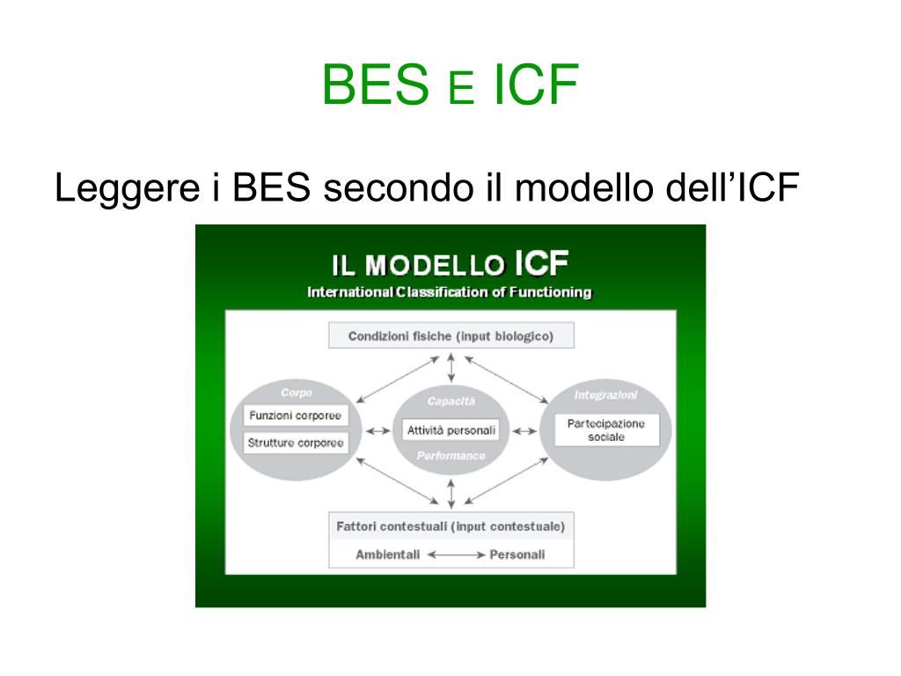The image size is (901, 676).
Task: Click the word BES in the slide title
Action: click(x=374, y=85)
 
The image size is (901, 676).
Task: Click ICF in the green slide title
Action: click(x=535, y=85)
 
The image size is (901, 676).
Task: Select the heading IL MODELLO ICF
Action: click(x=450, y=264)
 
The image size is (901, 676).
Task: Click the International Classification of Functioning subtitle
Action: click(x=450, y=292)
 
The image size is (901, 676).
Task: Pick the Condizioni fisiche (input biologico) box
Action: click(x=450, y=335)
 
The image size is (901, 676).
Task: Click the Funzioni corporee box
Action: click(x=296, y=415)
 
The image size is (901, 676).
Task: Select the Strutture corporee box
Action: click(x=296, y=443)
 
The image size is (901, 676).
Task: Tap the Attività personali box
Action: click(x=450, y=430)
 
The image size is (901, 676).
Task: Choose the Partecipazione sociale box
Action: click(x=605, y=430)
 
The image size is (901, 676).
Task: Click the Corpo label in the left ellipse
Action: click(x=297, y=393)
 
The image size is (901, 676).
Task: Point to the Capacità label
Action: click(x=450, y=401)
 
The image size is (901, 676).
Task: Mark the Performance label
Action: click(x=450, y=456)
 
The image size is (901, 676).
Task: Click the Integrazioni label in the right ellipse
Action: click(x=605, y=395)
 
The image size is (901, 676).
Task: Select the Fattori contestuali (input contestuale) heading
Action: click(x=450, y=526)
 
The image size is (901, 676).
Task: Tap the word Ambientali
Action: click(x=387, y=555)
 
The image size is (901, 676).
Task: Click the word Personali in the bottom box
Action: click(x=517, y=555)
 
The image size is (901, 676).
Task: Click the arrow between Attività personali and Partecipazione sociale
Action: click(x=524, y=430)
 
